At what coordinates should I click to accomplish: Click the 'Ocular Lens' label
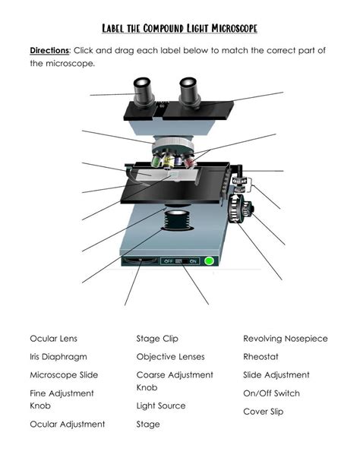click(x=54, y=339)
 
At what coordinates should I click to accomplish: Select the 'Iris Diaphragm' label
click(x=58, y=357)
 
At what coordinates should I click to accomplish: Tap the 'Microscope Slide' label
click(x=64, y=375)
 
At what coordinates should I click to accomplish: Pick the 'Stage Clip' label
click(x=157, y=339)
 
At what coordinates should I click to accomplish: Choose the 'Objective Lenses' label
click(x=171, y=357)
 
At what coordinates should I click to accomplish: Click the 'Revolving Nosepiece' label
click(x=286, y=339)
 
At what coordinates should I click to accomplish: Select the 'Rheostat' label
click(x=261, y=357)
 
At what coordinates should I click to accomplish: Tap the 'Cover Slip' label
click(x=264, y=412)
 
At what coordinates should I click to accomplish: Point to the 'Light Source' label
click(x=161, y=406)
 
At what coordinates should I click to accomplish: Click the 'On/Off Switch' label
click(x=271, y=393)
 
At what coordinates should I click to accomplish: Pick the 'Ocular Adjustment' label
click(x=68, y=425)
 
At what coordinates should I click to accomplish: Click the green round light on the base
click(x=210, y=261)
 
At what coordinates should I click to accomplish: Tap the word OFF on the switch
click(x=168, y=261)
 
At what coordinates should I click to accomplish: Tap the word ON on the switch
click(x=193, y=261)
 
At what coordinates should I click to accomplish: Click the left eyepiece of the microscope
click(x=144, y=92)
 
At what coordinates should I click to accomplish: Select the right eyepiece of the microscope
click(x=189, y=93)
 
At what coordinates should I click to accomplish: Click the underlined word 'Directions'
click(x=49, y=51)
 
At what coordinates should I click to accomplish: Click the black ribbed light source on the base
click(x=178, y=219)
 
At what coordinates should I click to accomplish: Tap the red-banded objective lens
click(x=190, y=162)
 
